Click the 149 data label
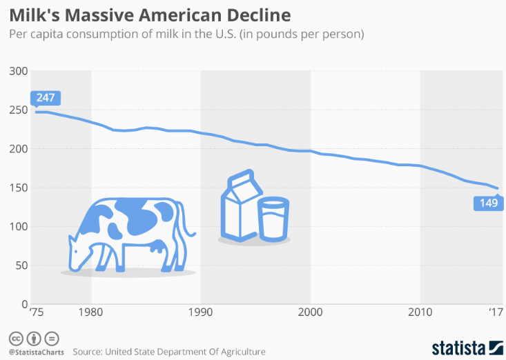pos(489,203)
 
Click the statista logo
pos(466,346)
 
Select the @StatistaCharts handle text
pos(36,352)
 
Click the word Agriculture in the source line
pos(240,352)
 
